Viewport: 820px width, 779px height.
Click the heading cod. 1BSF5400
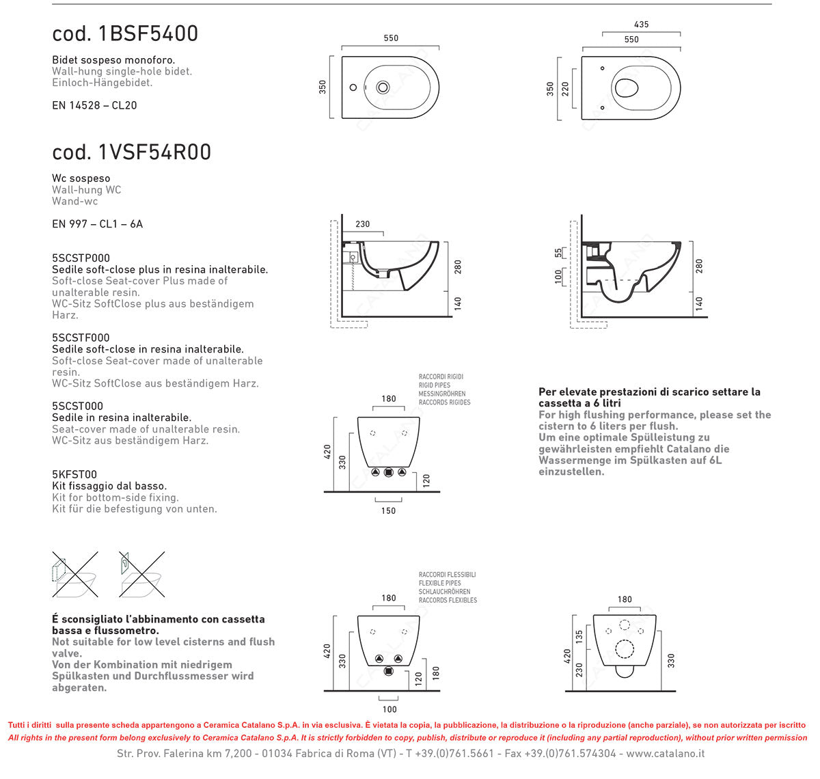pos(125,33)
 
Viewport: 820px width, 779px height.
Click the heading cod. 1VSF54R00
pos(131,152)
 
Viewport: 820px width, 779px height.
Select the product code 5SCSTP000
pos(81,258)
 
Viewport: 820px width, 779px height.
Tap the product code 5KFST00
pos(74,474)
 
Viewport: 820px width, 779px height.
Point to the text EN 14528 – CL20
pos(94,105)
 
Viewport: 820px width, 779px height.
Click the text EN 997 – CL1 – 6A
pos(97,224)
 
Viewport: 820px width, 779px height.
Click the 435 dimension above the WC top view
pos(641,25)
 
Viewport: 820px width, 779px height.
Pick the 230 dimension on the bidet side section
pos(362,224)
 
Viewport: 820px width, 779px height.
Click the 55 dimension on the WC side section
pos(558,253)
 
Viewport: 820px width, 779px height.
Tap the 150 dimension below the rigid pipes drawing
pos(388,510)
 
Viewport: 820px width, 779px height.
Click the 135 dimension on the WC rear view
pos(579,638)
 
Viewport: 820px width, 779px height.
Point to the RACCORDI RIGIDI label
pos(441,377)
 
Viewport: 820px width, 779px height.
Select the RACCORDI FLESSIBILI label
pos(447,575)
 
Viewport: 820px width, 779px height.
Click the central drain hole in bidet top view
pos(383,87)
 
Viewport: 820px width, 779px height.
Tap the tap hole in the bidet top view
pos(353,87)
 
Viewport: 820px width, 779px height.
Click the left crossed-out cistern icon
pos(74,575)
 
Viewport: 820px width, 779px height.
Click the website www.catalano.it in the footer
pos(665,753)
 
